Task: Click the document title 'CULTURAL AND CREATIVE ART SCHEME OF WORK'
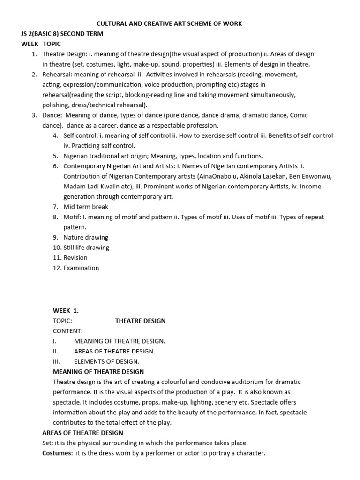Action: [x=169, y=23]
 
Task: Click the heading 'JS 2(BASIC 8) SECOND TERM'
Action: [x=62, y=34]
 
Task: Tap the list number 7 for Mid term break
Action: [x=55, y=207]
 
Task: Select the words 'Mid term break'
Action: [x=86, y=207]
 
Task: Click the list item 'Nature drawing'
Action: [x=86, y=237]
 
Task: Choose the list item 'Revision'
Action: [x=75, y=258]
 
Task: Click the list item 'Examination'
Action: [x=81, y=268]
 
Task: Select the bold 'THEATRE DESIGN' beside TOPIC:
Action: [x=140, y=321]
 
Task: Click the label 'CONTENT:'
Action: [x=67, y=331]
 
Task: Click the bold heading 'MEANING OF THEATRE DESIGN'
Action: [x=98, y=372]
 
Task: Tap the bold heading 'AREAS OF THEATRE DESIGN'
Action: [x=82, y=433]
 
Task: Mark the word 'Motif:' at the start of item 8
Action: [x=73, y=217]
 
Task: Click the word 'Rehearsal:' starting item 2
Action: [x=59, y=75]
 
